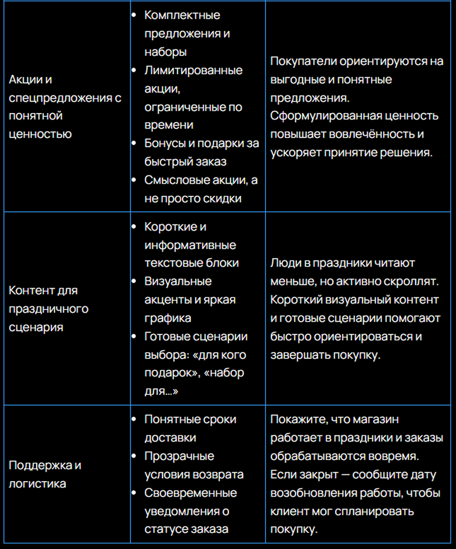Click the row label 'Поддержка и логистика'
coord(45,474)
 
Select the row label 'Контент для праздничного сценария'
coord(48,309)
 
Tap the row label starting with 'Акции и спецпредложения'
coord(65,107)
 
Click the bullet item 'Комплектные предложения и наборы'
coord(188,33)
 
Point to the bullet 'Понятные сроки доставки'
coord(190,428)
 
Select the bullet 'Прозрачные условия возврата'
coord(194,465)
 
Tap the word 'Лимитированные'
coord(193,70)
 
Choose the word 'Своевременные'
coord(190,493)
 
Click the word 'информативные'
coord(190,245)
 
